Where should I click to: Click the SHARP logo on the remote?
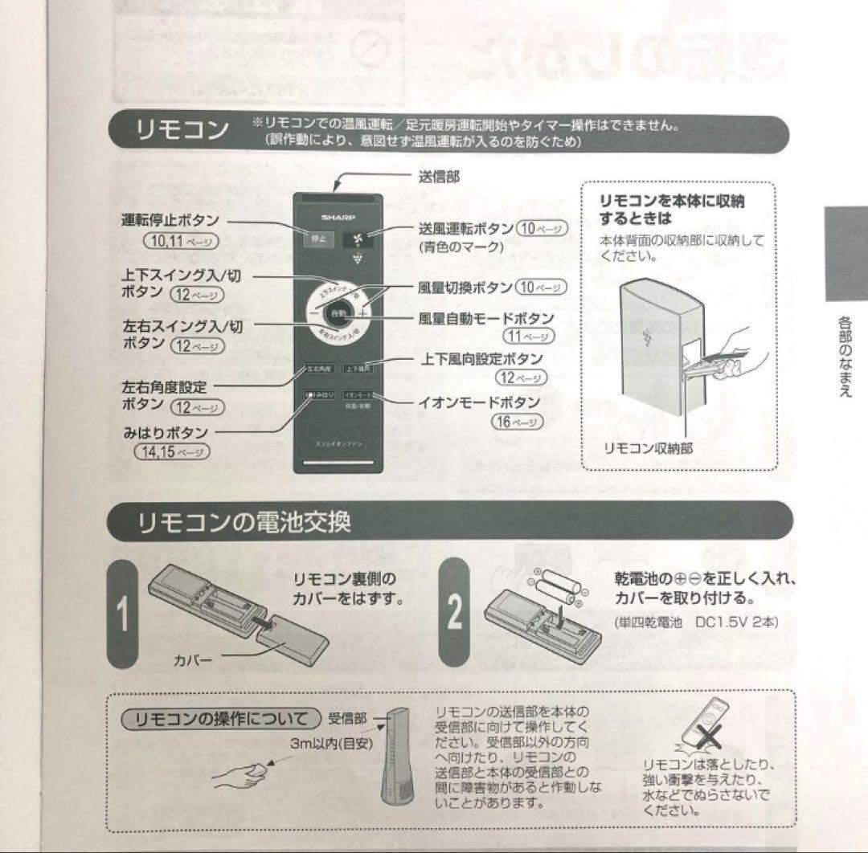(x=338, y=217)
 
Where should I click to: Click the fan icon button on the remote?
(x=359, y=239)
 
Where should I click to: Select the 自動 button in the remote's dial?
(x=338, y=312)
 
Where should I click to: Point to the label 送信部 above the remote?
(x=439, y=177)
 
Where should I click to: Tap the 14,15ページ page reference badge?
(x=171, y=451)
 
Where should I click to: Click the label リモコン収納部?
(x=649, y=448)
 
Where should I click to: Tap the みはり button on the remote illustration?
(x=319, y=395)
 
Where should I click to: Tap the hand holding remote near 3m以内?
(x=246, y=772)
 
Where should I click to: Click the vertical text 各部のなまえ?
(x=845, y=357)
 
